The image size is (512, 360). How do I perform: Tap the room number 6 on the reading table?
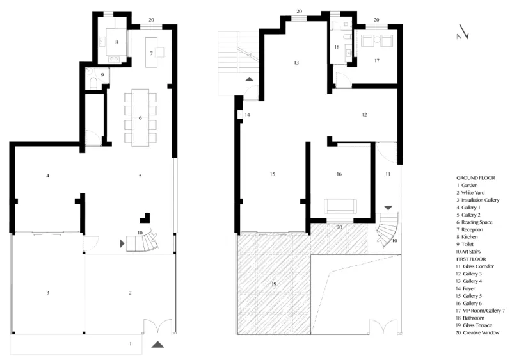140,118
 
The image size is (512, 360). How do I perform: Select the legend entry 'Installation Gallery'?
480,200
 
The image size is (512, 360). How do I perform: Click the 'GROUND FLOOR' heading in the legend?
476,178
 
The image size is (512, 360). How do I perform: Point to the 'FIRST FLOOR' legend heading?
471,259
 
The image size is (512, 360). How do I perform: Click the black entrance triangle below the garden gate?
158,345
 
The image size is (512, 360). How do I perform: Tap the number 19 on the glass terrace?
274,284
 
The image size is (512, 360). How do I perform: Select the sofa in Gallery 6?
340,206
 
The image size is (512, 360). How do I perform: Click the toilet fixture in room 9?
93,84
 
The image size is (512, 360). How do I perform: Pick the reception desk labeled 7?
151,53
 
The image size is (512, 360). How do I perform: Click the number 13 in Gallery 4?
296,63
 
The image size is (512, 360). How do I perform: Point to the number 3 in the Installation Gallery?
47,293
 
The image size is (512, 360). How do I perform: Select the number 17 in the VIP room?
377,61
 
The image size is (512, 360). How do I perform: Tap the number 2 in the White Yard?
130,293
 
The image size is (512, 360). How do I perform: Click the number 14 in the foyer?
247,115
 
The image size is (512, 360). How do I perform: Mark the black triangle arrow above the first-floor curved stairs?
388,208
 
